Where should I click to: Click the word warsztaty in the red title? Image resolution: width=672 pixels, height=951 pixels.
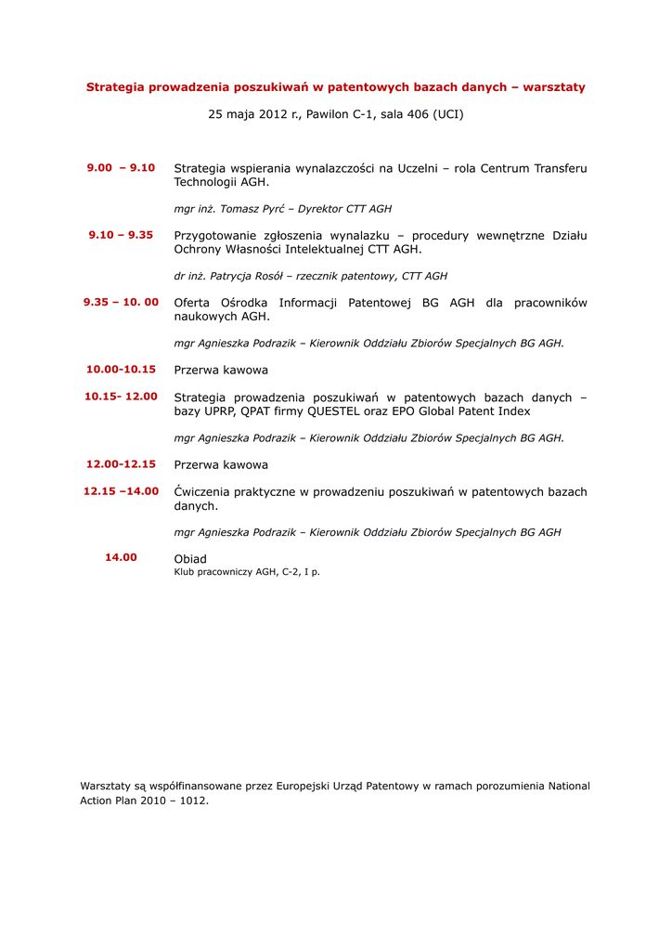click(554, 87)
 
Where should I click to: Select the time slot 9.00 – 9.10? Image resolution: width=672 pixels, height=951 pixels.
click(121, 168)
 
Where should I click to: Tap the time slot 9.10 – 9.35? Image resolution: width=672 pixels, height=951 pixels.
click(121, 235)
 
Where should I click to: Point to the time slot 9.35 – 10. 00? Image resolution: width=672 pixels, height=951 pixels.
click(121, 302)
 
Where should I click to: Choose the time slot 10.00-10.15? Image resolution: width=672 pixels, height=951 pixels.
click(121, 370)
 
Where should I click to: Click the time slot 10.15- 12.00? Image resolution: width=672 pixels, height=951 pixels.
click(121, 397)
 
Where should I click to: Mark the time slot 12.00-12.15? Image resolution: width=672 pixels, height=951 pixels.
click(121, 464)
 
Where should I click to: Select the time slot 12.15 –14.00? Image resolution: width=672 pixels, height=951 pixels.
click(121, 491)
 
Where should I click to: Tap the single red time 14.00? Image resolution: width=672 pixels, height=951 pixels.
click(121, 557)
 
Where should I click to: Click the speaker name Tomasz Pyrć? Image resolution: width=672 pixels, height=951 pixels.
click(252, 210)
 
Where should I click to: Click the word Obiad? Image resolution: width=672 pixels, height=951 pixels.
click(190, 559)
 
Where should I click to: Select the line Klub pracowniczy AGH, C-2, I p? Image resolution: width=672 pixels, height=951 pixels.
click(247, 572)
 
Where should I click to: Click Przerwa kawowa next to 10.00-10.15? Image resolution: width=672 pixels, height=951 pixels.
click(221, 371)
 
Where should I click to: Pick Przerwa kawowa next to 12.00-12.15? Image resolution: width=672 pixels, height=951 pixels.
click(221, 465)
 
